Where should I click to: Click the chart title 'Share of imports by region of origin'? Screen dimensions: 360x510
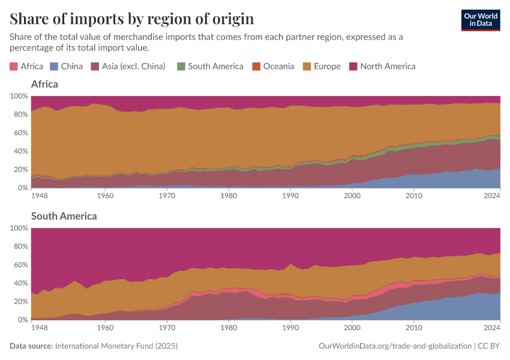click(131, 19)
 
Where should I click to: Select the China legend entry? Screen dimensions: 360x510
click(67, 67)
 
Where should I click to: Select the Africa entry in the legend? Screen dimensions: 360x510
click(26, 67)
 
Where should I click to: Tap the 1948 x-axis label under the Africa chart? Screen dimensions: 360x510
click(40, 196)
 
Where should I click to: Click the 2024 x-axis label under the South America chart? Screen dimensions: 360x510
click(491, 328)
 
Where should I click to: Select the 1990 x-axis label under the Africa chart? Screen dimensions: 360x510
click(290, 196)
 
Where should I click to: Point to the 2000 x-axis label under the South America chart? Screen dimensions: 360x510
click(352, 328)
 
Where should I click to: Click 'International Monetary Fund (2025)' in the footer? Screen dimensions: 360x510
click(116, 346)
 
